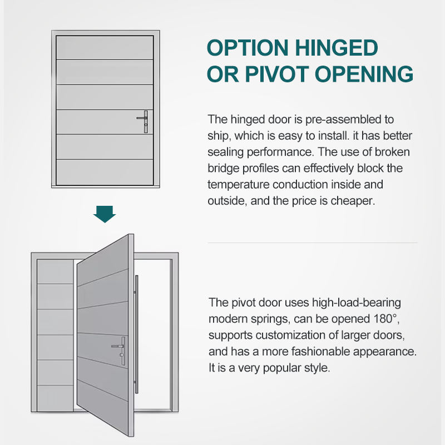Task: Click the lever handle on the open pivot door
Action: [120, 349]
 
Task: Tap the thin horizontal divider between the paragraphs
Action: [312, 243]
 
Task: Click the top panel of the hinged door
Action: [104, 47]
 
